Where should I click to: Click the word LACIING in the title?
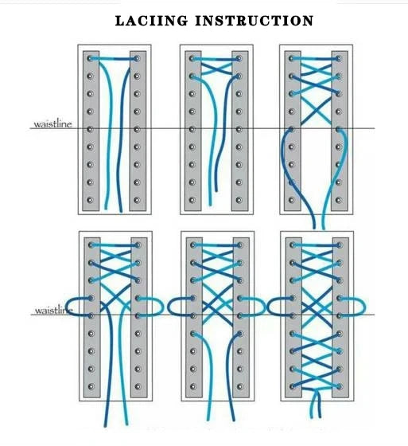[x=151, y=21]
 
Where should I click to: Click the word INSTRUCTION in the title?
[x=255, y=21]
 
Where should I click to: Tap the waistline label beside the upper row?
[x=52, y=124]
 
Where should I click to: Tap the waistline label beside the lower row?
[x=54, y=311]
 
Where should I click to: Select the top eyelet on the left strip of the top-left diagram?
[x=91, y=59]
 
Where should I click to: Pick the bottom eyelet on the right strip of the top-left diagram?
[x=137, y=200]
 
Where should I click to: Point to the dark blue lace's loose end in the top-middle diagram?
[x=216, y=190]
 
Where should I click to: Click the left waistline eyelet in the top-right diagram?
[x=291, y=129]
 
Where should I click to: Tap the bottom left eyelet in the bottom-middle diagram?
[x=193, y=386]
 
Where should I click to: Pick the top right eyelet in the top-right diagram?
[x=338, y=59]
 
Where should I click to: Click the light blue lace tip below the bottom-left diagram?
[x=126, y=423]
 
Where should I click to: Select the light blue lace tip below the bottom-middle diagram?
[x=208, y=418]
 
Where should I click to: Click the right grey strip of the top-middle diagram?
[x=239, y=131]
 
